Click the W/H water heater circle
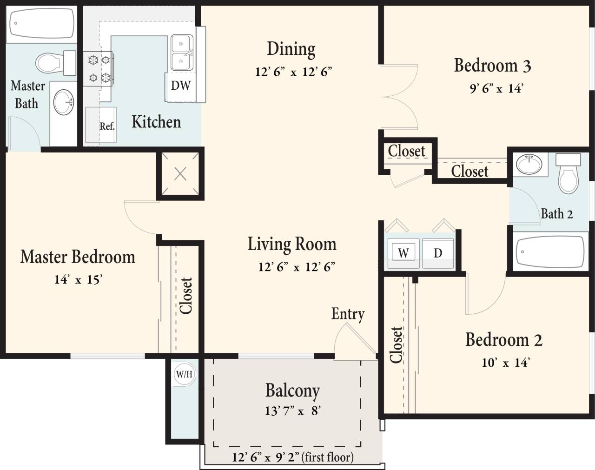point(184,374)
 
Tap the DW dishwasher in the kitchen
point(180,86)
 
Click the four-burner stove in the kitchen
point(99,68)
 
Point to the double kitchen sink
point(182,53)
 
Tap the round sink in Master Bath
point(64,102)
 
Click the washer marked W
point(403,253)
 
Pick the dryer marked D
point(438,253)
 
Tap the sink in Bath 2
point(529,164)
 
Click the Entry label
point(348,314)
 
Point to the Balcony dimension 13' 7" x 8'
point(293,411)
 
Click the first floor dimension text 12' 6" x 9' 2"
point(293,457)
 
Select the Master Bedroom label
point(78,257)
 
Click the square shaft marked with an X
point(180,174)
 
